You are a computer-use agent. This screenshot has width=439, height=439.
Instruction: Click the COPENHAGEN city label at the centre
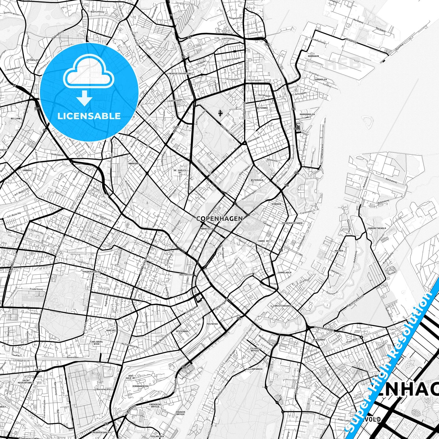(x=219, y=218)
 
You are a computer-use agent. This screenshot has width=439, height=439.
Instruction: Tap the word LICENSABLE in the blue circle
(x=89, y=116)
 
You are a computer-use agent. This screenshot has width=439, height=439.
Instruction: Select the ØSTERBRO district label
(x=262, y=108)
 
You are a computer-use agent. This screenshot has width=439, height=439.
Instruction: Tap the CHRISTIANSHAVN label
(x=282, y=306)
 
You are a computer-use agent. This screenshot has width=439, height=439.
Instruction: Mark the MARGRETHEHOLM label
(x=377, y=228)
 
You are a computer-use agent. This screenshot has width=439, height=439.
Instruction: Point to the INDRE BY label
(x=263, y=241)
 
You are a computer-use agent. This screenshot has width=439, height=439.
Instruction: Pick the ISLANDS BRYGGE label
(x=255, y=349)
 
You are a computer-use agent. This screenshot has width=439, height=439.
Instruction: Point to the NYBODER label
(x=276, y=204)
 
